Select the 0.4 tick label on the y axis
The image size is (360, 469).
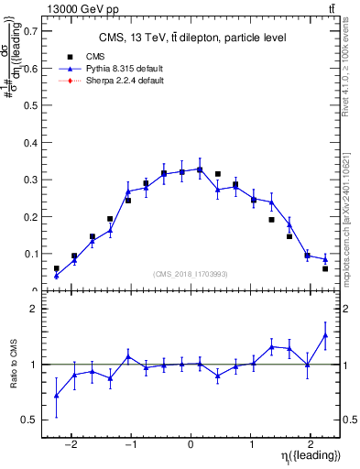click(x=29, y=142)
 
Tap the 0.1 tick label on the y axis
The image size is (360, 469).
click(x=29, y=254)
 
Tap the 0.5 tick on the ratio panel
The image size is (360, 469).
click(x=29, y=420)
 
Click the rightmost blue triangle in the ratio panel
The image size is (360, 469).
click(x=325, y=335)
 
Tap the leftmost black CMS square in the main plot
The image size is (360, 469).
click(x=56, y=268)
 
